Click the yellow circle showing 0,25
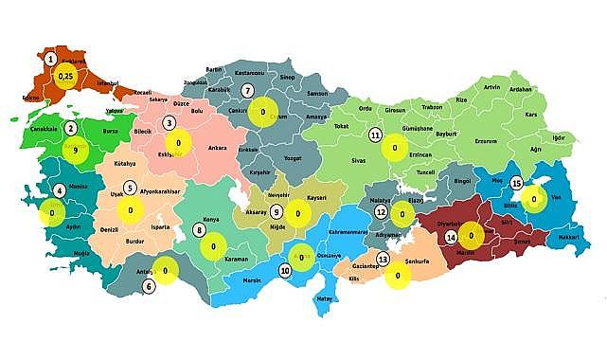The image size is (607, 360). [65, 76]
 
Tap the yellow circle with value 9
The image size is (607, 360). [75, 149]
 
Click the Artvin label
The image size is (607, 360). [491, 87]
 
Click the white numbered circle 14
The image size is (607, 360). [451, 237]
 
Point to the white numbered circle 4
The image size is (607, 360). [60, 189]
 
